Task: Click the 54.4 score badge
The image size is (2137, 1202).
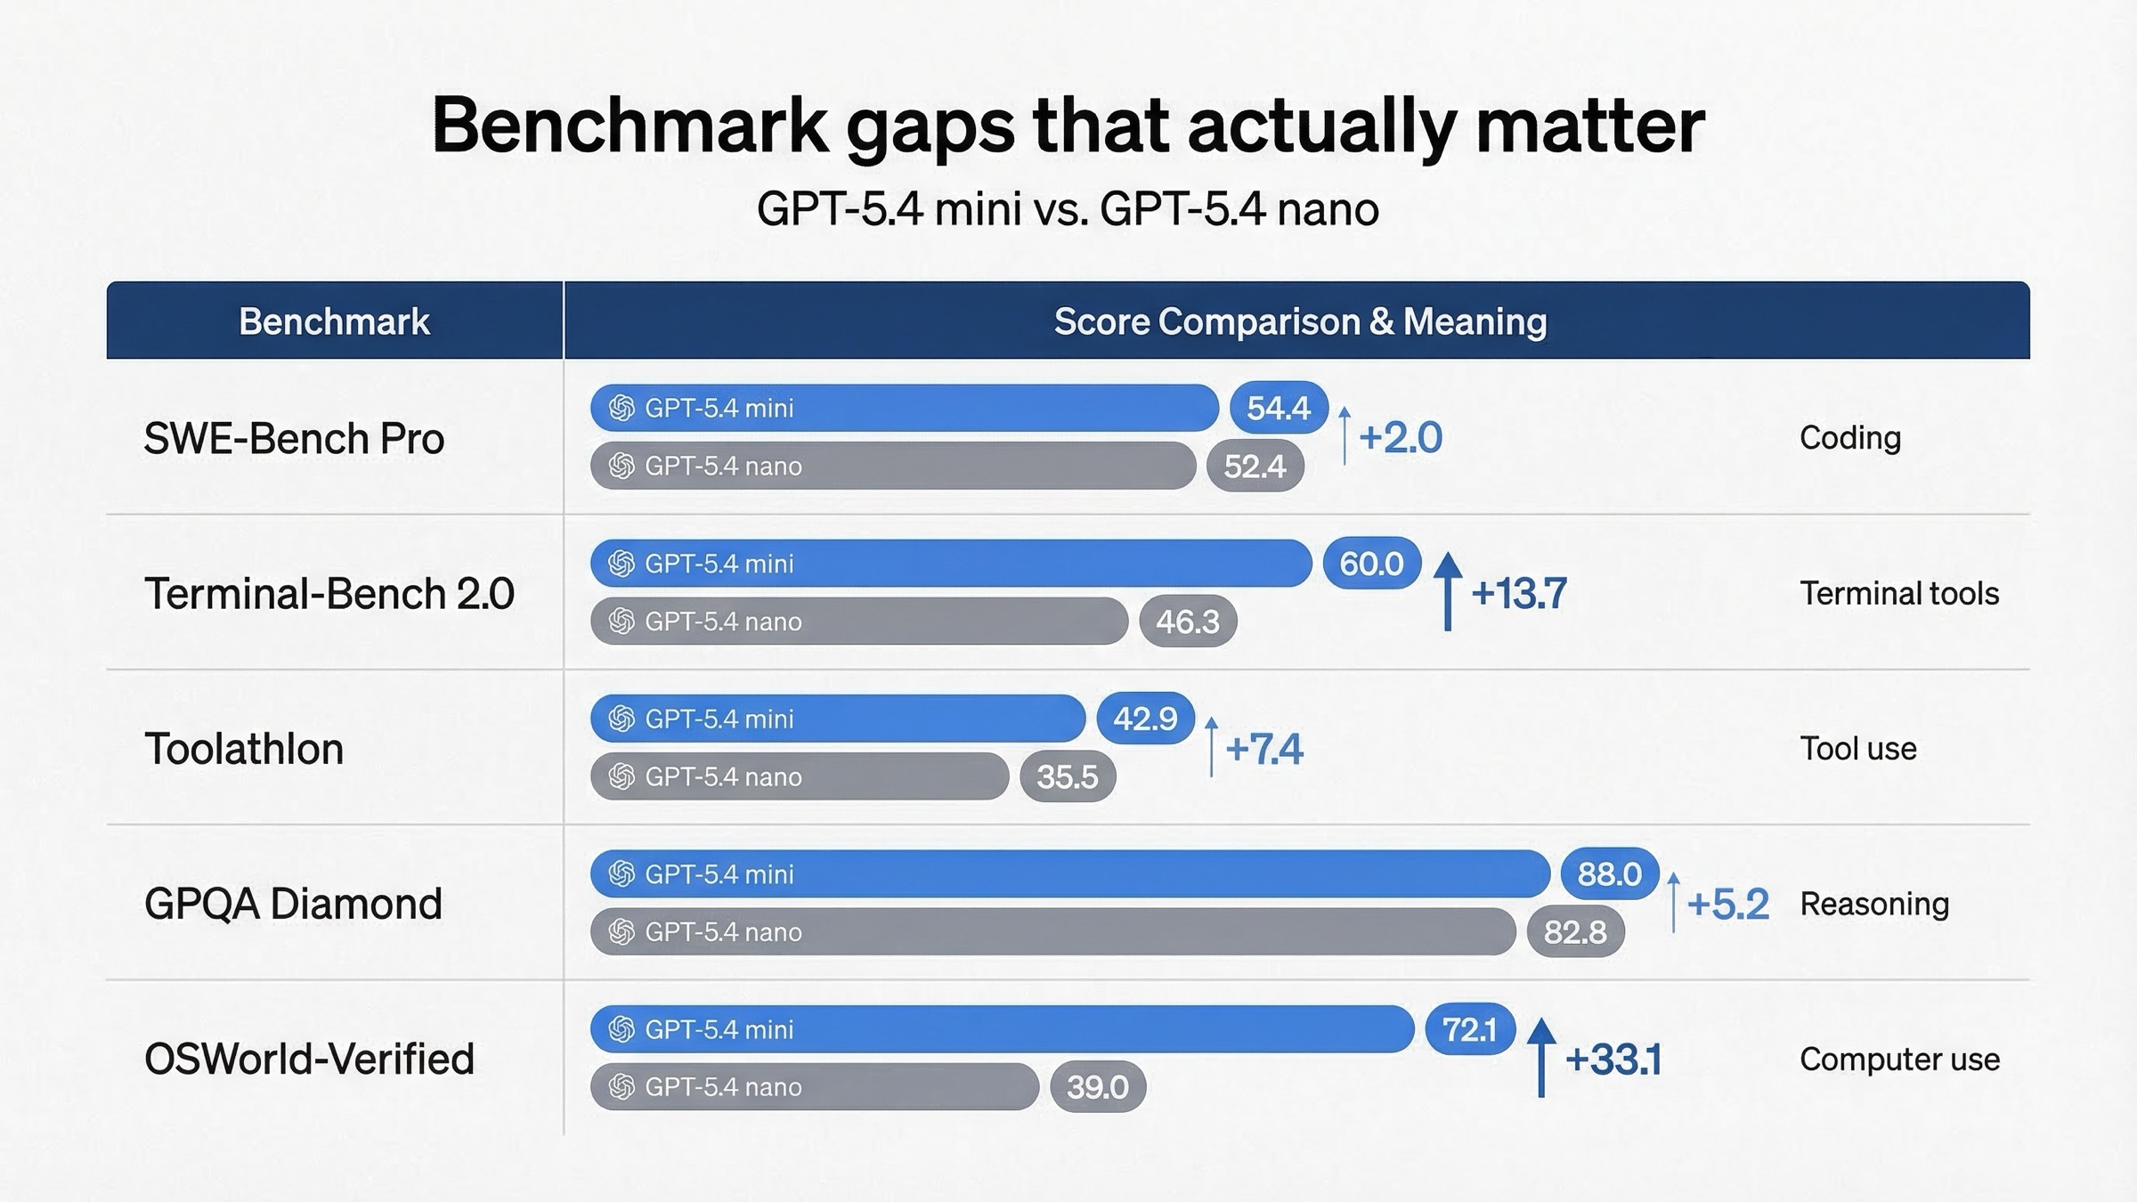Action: [1279, 409]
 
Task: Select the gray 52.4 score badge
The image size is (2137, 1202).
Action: [1255, 467]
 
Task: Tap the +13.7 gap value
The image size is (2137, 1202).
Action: [1519, 594]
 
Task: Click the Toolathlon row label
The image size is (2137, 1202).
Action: [244, 749]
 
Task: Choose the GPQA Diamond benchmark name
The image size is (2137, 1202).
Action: [293, 904]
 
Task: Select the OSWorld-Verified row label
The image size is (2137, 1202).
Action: [309, 1060]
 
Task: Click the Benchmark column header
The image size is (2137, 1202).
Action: [334, 321]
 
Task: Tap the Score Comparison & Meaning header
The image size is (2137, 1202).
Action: [1300, 321]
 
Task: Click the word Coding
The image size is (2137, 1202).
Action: [1849, 438]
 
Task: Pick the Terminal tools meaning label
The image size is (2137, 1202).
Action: [1899, 594]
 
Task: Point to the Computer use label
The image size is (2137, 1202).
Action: [1899, 1060]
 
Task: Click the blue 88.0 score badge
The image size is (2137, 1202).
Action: [1609, 874]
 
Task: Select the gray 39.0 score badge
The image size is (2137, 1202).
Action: [1097, 1087]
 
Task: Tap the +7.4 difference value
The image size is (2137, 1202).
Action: [1264, 749]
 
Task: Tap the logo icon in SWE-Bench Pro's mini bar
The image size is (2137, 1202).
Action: [622, 409]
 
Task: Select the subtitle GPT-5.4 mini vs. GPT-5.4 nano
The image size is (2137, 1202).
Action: [1068, 210]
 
